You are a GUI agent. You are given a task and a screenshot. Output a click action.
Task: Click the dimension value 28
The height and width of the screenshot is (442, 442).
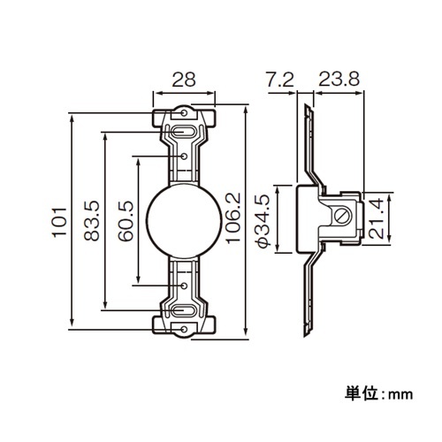(x=184, y=80)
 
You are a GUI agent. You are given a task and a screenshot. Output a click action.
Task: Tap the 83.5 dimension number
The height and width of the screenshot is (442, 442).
(x=91, y=221)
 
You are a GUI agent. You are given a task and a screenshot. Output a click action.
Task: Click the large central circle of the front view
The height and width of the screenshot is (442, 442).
(x=183, y=221)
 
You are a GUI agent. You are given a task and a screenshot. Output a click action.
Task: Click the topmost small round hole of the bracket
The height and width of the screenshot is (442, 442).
(x=183, y=113)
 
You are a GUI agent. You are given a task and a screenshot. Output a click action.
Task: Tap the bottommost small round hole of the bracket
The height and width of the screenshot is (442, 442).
(x=183, y=330)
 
